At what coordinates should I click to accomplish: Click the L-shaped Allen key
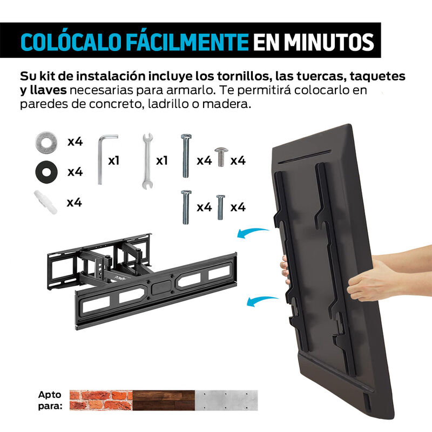105,160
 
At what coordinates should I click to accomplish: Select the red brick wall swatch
100,400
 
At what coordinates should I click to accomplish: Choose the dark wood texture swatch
164,400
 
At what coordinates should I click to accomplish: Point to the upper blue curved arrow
253,233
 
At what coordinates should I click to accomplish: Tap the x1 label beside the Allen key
114,160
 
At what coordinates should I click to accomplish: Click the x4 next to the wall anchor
75,202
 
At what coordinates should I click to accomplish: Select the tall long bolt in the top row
184,157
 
